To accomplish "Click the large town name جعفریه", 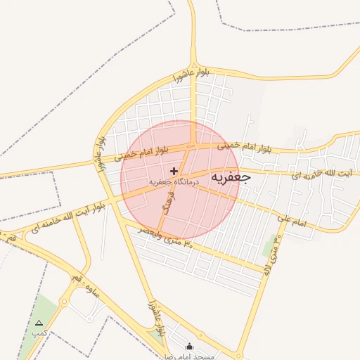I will point(226,179).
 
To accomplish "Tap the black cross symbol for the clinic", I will point(174,171).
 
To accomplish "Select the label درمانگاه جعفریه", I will point(174,181).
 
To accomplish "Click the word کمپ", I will point(39,332).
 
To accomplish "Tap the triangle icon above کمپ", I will point(39,323).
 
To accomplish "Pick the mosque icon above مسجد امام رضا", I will point(188,346).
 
